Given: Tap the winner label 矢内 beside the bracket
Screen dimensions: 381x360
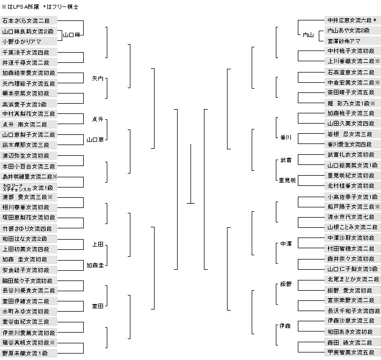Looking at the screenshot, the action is pos(97,78).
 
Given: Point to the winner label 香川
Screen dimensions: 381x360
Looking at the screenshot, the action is pos(286,138).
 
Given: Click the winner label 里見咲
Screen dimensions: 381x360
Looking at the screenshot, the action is pos(286,180).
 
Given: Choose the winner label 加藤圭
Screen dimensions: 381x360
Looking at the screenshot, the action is pos(95,265).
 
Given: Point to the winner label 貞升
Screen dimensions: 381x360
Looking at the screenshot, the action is pos(97,120).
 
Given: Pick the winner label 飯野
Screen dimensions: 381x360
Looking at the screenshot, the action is pos(285,284).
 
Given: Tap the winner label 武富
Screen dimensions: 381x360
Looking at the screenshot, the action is pos(285,160).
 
